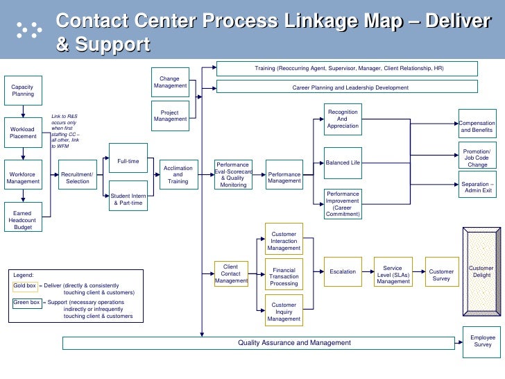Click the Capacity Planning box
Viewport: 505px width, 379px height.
tap(23, 90)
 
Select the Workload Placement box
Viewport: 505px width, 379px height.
tap(23, 132)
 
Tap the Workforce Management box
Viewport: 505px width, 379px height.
tap(23, 178)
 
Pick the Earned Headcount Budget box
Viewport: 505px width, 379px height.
tap(23, 217)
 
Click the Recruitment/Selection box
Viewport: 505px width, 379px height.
tap(78, 178)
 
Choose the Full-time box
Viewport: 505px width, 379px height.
tap(128, 161)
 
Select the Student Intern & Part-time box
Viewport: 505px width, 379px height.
tap(128, 199)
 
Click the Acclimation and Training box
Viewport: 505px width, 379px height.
tap(178, 175)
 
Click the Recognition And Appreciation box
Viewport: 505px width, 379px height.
tap(343, 119)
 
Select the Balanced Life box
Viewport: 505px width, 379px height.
tap(343, 162)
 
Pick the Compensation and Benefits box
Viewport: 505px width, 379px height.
tap(477, 126)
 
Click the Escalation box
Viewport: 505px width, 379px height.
tap(343, 272)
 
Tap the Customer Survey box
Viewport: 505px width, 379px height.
tap(441, 276)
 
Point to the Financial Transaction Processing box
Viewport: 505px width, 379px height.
tap(284, 276)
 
